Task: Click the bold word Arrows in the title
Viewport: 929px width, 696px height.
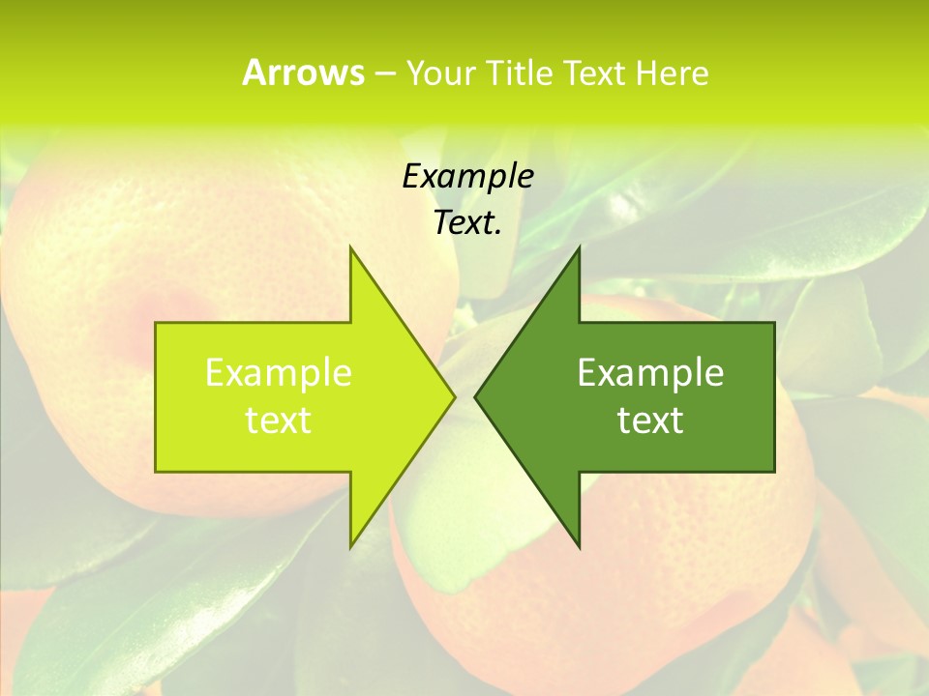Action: tap(303, 72)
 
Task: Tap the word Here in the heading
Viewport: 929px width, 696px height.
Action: tap(672, 73)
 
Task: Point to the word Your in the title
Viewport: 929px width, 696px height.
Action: tap(440, 73)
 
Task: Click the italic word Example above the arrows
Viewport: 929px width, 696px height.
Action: tap(467, 176)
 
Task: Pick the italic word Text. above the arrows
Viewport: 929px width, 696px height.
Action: tap(467, 222)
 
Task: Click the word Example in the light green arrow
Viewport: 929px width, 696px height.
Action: tap(278, 373)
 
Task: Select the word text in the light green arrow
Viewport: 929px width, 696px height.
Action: tap(278, 420)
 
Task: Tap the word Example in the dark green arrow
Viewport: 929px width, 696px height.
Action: tap(650, 373)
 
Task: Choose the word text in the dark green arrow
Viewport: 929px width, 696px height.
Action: tap(650, 420)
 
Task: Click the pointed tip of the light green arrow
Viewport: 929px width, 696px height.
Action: tap(455, 396)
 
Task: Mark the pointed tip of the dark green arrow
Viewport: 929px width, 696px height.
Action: tap(474, 396)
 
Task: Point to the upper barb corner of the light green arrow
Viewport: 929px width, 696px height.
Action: tap(350, 247)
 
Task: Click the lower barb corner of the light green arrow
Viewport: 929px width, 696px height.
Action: tap(350, 547)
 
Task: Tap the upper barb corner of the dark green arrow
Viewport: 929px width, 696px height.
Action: tap(579, 247)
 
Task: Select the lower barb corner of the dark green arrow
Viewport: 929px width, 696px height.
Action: tap(579, 547)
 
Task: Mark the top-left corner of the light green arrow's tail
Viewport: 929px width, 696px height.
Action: tap(157, 324)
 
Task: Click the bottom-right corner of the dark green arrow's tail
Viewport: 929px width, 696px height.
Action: tap(773, 471)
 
